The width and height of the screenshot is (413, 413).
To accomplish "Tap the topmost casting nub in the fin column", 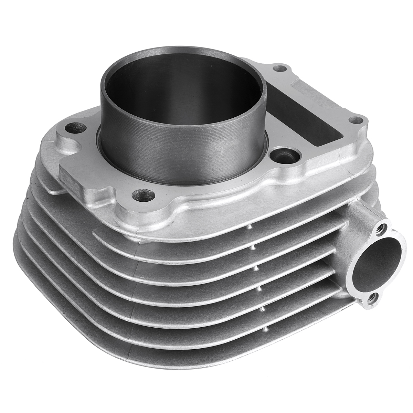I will (x=248, y=227).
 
